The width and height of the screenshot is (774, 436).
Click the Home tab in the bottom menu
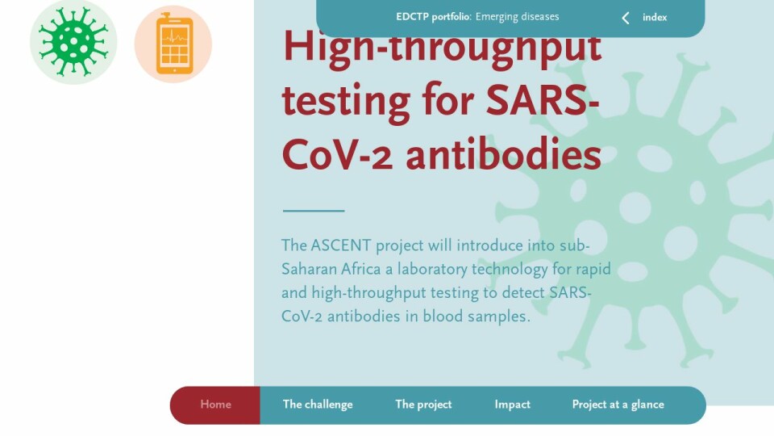(216, 405)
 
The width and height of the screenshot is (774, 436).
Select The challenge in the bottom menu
(318, 405)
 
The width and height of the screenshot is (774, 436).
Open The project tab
(423, 405)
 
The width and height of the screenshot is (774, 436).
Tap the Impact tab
(513, 405)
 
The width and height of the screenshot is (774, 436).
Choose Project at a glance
(618, 405)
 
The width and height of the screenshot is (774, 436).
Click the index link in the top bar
(655, 17)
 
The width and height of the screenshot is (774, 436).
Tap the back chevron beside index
(626, 19)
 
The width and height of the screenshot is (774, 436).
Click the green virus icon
(73, 43)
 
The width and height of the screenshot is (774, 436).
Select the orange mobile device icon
(173, 44)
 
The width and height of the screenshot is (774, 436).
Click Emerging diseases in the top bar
(518, 17)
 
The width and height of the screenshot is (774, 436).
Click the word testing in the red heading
(346, 102)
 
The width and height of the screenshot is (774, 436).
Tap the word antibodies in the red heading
(503, 154)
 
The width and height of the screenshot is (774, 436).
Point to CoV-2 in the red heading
(337, 155)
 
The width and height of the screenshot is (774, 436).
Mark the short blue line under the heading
(314, 211)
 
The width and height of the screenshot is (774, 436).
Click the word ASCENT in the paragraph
(340, 245)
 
